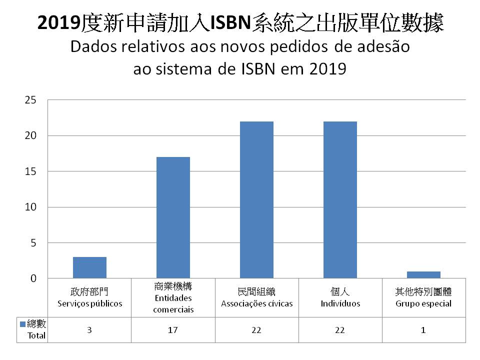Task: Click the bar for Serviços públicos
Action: pyautogui.click(x=89, y=267)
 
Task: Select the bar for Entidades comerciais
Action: pyautogui.click(x=173, y=217)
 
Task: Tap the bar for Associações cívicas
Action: pyautogui.click(x=256, y=200)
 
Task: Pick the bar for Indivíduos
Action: pyautogui.click(x=340, y=200)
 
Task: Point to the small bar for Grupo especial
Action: pyautogui.click(x=423, y=275)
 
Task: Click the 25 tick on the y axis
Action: pyautogui.click(x=31, y=100)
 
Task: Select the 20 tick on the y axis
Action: pyautogui.click(x=31, y=135)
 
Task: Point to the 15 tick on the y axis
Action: pyautogui.click(x=31, y=171)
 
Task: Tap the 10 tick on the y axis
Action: pyautogui.click(x=31, y=207)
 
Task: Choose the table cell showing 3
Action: pyautogui.click(x=89, y=330)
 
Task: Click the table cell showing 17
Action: pyautogui.click(x=173, y=330)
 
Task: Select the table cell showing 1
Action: pyautogui.click(x=423, y=330)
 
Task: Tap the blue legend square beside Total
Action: pyautogui.click(x=22, y=324)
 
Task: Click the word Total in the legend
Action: pyautogui.click(x=36, y=335)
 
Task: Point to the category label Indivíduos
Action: pyautogui.click(x=340, y=303)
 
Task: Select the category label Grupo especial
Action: pyautogui.click(x=423, y=303)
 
